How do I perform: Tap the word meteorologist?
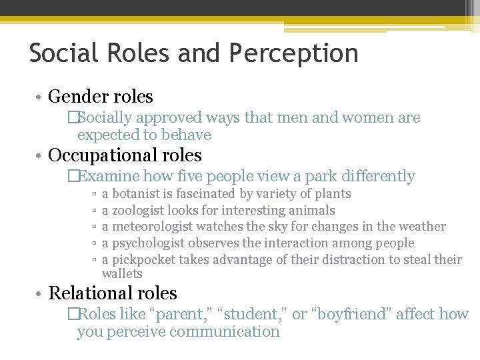(153, 227)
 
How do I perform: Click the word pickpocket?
(144, 259)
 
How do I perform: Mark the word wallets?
(122, 274)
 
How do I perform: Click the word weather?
(421, 227)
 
